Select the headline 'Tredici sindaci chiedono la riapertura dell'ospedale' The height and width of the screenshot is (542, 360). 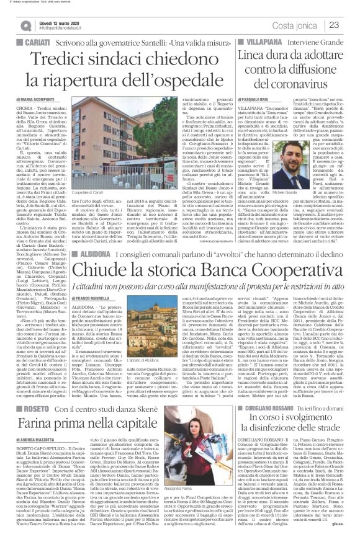pyautogui.click(x=117, y=70)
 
